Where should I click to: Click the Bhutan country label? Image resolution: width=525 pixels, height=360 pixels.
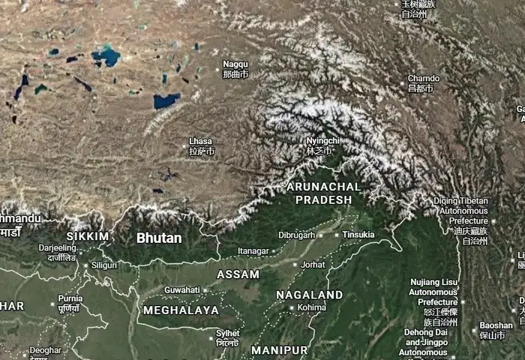[x=159, y=238]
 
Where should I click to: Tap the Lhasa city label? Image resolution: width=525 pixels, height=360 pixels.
[x=201, y=141]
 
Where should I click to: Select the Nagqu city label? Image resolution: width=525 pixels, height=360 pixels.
[x=235, y=64]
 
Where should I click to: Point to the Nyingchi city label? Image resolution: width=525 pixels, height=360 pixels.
[x=322, y=140]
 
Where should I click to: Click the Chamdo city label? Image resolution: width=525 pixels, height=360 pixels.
[x=423, y=78]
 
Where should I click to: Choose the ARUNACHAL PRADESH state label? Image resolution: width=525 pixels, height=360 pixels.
[x=323, y=193]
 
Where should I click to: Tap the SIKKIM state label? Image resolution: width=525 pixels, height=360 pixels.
[x=88, y=236]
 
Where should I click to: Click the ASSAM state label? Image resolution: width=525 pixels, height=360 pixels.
[x=238, y=274]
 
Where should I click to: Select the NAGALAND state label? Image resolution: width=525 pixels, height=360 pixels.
[x=310, y=295]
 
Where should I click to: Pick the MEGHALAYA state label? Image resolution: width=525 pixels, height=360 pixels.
[x=181, y=310]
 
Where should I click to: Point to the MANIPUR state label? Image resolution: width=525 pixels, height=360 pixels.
[x=279, y=350]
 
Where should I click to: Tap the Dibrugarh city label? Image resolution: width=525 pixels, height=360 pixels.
[x=296, y=235]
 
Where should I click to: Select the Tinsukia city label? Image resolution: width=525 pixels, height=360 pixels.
[x=358, y=235]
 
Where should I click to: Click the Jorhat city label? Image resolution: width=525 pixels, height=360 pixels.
[x=313, y=265]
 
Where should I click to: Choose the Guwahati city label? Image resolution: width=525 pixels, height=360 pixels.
[x=182, y=289]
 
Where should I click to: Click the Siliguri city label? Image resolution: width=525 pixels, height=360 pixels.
[x=104, y=265]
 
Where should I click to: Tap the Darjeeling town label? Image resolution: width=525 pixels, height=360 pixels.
[x=57, y=247]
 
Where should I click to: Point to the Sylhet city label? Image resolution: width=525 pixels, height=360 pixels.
[x=228, y=333]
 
